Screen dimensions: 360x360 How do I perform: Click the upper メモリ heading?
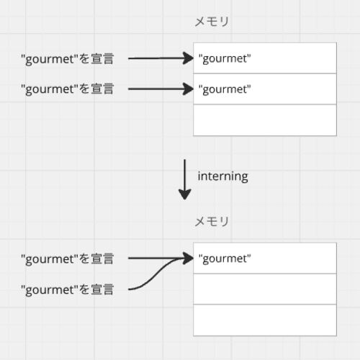[212, 22]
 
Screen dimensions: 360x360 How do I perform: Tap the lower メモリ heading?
[212, 222]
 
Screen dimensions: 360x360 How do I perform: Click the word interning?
[222, 176]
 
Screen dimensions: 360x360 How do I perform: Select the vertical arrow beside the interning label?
[184, 179]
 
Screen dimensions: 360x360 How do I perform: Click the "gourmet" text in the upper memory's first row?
[225, 59]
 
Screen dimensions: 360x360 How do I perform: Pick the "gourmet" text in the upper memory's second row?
[225, 89]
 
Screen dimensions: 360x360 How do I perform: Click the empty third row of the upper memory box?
[265, 120]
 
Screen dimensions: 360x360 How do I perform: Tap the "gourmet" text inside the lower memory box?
[225, 259]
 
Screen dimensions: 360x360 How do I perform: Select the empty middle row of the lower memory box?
[265, 289]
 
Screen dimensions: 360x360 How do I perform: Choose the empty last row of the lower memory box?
[265, 320]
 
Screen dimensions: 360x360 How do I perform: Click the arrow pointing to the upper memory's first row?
[161, 58]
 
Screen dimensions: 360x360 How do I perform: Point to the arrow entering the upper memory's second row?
[161, 89]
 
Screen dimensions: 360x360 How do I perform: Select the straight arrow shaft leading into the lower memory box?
[156, 258]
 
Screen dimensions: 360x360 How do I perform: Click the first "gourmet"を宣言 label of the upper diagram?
[67, 59]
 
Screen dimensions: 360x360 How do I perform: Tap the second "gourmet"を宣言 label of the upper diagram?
[67, 89]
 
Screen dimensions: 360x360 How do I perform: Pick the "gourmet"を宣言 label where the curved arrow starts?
[67, 289]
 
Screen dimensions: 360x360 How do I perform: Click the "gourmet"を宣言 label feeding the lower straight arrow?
[67, 259]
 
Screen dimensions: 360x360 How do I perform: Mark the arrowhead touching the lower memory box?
[188, 258]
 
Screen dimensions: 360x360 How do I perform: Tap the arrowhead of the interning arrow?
[184, 194]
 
